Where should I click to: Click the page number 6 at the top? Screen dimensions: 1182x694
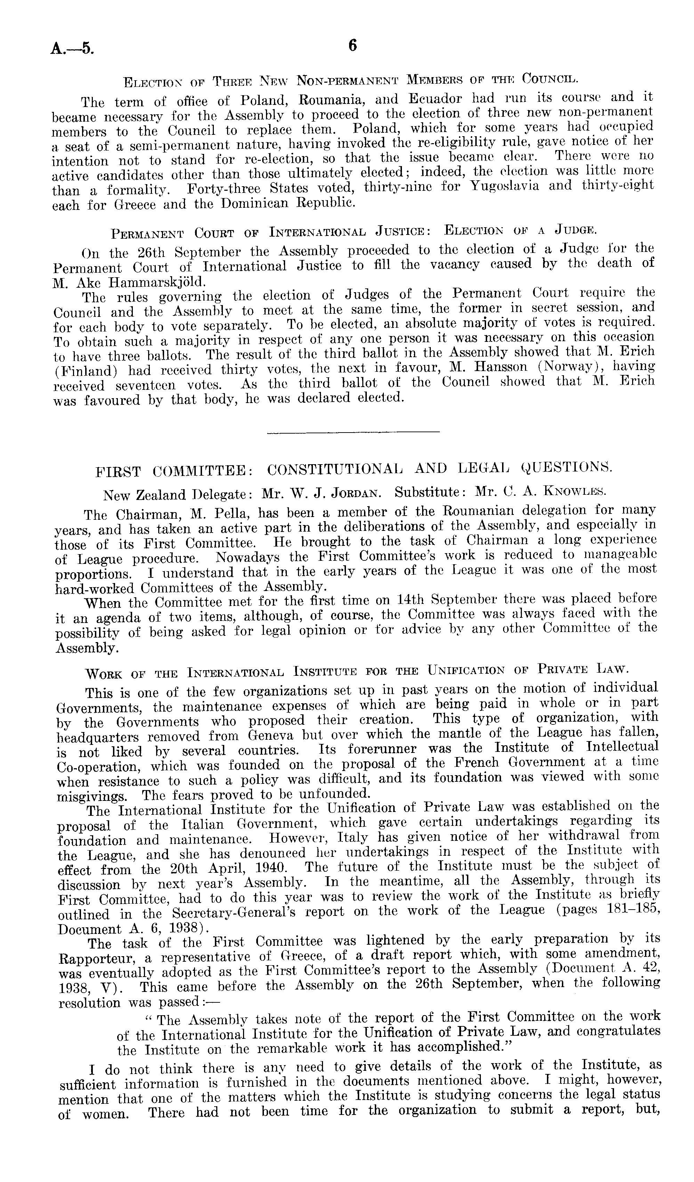(353, 46)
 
